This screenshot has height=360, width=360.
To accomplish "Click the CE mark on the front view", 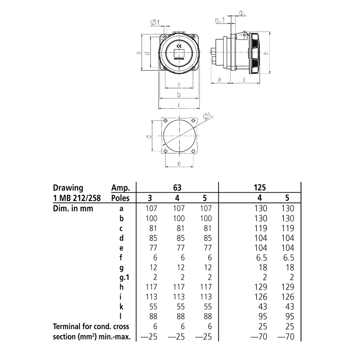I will pyautogui.click(x=179, y=46).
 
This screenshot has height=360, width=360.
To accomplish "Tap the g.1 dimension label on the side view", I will pyautogui.click(x=220, y=20).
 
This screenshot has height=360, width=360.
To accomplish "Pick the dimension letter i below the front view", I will pyautogui.click(x=179, y=104).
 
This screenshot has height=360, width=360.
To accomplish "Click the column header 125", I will pyautogui.click(x=260, y=188).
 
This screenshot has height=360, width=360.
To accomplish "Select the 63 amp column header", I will pyautogui.click(x=177, y=188).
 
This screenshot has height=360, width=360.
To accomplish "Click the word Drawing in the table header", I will pyautogui.click(x=68, y=188).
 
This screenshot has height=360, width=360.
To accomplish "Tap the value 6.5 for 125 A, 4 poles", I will pyautogui.click(x=260, y=257).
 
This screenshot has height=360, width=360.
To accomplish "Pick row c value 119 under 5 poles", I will pyautogui.click(x=287, y=228).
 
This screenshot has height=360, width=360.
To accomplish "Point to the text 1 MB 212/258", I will pyautogui.click(x=77, y=198).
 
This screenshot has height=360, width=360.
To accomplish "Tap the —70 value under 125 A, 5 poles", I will pyautogui.click(x=286, y=336).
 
